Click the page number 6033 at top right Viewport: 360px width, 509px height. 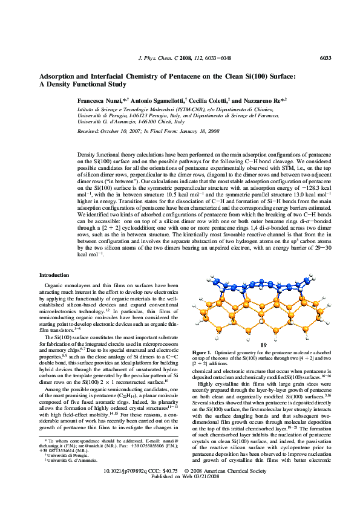[x=326, y=58]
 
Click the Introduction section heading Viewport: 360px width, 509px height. [x=54, y=275]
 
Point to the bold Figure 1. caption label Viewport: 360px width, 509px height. [x=201, y=352]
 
